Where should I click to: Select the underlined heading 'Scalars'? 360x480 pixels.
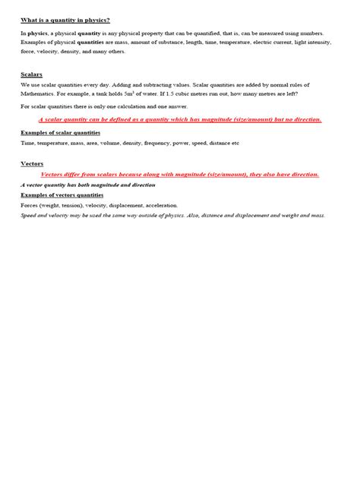(x=32, y=74)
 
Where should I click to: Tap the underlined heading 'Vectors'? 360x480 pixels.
(x=32, y=163)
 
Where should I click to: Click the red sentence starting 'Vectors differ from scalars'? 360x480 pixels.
(x=179, y=174)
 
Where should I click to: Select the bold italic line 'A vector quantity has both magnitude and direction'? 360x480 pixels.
(x=88, y=185)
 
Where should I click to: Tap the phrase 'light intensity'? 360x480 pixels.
(x=307, y=44)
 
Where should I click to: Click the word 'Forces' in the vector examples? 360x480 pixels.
(x=30, y=205)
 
